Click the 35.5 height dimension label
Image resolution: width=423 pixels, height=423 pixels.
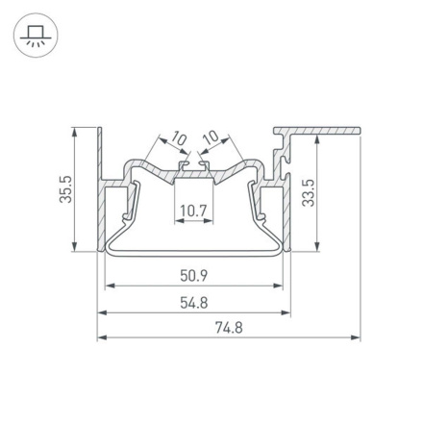coord(64,189)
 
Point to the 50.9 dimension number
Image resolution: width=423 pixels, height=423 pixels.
coord(193,276)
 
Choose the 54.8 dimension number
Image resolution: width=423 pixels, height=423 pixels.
coord(193,302)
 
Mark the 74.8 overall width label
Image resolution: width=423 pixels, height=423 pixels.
coord(228,327)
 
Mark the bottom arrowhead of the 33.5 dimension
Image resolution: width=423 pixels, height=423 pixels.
coord(316,247)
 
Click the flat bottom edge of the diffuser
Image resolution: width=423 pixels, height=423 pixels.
coord(193,256)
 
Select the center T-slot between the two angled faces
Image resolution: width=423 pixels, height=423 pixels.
coord(193,173)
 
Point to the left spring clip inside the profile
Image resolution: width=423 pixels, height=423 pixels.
coord(128,207)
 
